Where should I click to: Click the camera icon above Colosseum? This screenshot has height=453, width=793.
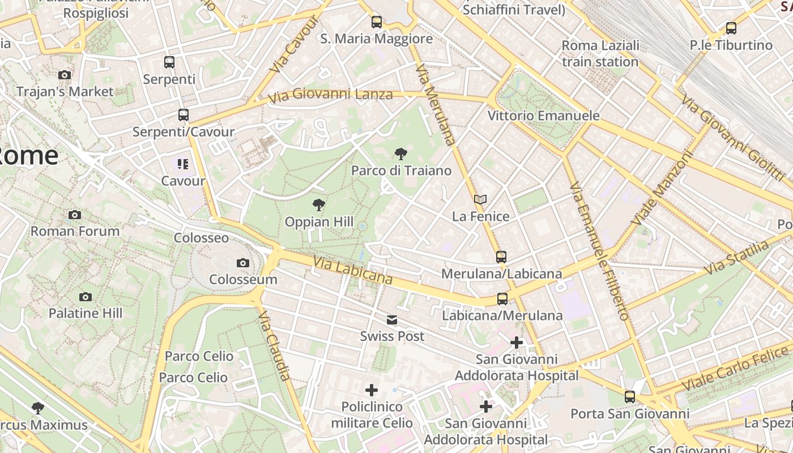[243, 263]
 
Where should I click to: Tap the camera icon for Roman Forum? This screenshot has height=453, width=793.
[75, 215]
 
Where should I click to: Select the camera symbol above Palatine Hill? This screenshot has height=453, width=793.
[86, 297]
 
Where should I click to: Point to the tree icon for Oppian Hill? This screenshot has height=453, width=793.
[319, 205]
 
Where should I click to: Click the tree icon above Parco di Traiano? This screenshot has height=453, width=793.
[401, 153]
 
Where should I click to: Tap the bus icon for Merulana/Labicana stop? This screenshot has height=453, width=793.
[501, 257]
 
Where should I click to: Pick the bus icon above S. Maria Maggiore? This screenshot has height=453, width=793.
[377, 22]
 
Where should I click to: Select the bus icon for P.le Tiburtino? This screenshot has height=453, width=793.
[731, 28]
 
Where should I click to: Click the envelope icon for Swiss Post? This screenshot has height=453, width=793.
[392, 320]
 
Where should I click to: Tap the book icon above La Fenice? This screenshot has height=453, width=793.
[480, 199]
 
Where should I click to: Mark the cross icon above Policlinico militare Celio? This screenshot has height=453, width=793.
[372, 390]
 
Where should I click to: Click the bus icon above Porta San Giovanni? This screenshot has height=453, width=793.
[630, 397]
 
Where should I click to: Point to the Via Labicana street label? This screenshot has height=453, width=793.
[353, 270]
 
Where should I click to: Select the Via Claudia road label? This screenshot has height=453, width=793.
[275, 345]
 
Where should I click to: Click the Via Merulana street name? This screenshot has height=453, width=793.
[435, 104]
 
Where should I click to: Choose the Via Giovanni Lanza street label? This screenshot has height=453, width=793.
[330, 95]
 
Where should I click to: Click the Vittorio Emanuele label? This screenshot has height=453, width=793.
[543, 116]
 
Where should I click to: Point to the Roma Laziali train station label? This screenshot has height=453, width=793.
[600, 53]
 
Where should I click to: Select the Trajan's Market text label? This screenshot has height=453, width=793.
[65, 91]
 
